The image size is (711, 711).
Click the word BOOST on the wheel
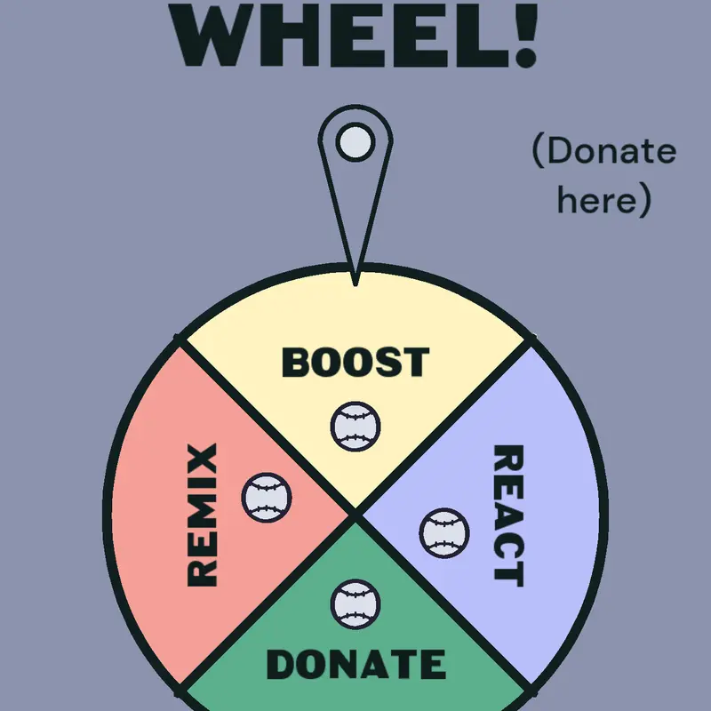pos(355,362)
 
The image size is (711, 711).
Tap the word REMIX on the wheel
pos(203,515)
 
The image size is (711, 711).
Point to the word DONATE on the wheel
pos(356,664)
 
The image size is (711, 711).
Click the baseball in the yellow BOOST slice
pos(355,427)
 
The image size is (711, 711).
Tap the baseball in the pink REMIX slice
pos(267,498)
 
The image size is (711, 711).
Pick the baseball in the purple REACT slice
pos(444,532)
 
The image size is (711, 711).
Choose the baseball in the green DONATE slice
pos(355,604)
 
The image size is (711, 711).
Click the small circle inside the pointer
pos(355,142)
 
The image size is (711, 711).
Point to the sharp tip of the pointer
pos(355,285)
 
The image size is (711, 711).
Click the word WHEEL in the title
pos(340,35)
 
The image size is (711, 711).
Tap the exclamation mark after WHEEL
pos(526,35)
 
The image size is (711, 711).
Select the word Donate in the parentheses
pos(611,151)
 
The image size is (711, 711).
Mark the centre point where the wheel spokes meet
pos(355,515)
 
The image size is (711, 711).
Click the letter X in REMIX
pos(203,457)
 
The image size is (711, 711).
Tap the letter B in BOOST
pos(296,362)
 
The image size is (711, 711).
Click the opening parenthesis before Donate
pos(538,150)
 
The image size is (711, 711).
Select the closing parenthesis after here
pos(645,199)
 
